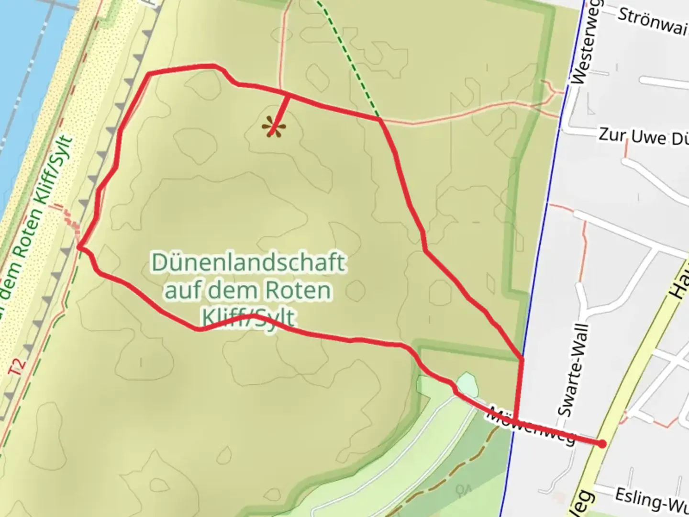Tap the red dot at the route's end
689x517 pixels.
click(602, 444)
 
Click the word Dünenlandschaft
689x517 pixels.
click(248, 263)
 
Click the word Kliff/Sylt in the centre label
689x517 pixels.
click(248, 317)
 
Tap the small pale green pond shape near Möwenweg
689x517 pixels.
click(467, 383)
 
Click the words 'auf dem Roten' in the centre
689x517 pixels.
click(248, 291)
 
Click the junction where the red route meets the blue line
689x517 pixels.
click(522, 358)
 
